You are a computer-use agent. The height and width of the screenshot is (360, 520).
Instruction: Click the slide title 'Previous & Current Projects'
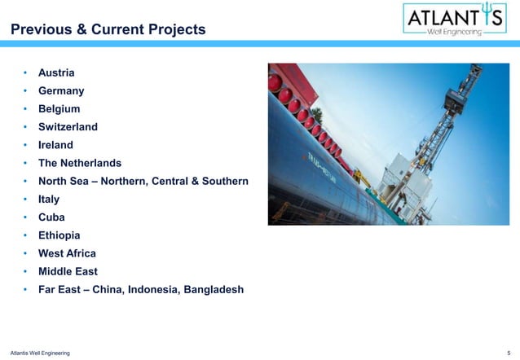(x=108, y=30)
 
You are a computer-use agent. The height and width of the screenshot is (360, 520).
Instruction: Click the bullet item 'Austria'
(x=57, y=72)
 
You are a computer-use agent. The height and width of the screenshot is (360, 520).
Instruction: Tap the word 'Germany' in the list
(x=61, y=90)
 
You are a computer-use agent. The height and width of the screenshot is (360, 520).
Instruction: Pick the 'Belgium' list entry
(x=60, y=108)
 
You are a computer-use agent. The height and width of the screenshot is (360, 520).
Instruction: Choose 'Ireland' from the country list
(x=55, y=144)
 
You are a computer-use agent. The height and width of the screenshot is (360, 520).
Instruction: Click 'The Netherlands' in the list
(x=79, y=162)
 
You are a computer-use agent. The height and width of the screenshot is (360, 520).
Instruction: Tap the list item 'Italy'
(x=49, y=198)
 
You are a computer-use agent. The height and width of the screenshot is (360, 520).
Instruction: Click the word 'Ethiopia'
(x=59, y=235)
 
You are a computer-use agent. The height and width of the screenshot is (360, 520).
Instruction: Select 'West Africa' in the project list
(x=67, y=252)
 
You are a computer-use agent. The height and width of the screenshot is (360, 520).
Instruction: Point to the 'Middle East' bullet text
(x=68, y=270)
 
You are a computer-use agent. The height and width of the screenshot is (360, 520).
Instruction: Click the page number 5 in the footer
(x=509, y=352)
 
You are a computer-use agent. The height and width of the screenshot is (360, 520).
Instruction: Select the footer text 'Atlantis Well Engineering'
(x=37, y=352)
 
